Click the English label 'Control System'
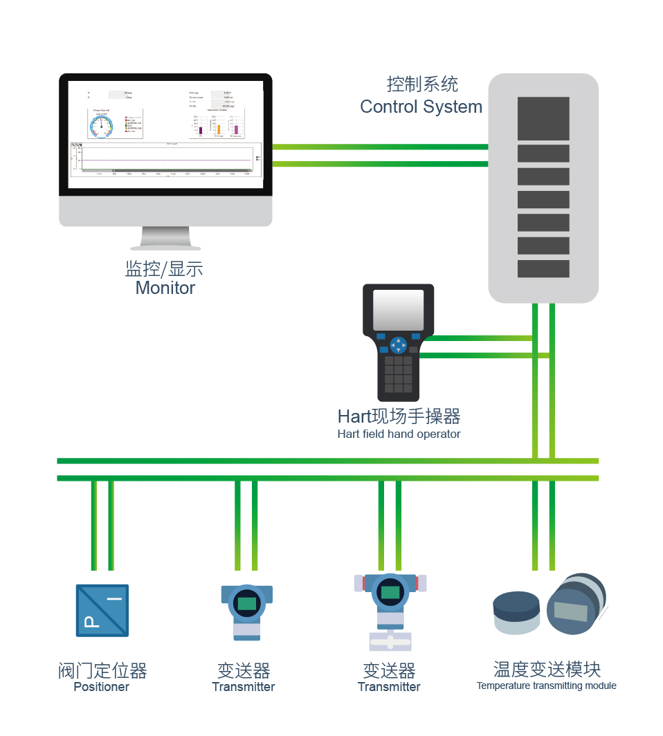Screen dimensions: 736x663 tap(421, 107)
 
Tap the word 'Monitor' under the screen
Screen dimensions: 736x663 tap(165, 288)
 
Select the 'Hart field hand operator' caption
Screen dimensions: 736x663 tap(399, 434)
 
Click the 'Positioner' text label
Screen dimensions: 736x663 tap(102, 687)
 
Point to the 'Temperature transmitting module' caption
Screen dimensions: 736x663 tap(546, 686)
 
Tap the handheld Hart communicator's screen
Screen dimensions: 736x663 tap(398, 309)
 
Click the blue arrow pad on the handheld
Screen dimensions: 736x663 tap(398, 344)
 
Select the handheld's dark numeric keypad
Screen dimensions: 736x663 tap(398, 374)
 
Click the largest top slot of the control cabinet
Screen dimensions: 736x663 tap(543, 118)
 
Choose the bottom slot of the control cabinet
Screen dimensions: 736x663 tap(543, 268)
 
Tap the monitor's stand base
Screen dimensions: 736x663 tap(165, 246)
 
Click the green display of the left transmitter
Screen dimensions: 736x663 tap(246, 603)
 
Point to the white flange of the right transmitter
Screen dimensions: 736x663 tap(390, 642)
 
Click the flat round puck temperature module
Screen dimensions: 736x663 tap(516, 612)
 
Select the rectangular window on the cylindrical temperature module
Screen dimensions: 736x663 tap(571, 612)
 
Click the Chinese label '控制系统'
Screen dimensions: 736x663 tap(422, 85)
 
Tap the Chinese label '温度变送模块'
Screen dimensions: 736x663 tap(547, 669)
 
